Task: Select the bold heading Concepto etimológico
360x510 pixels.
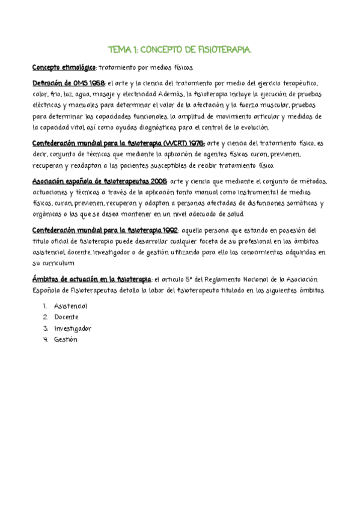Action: (x=64, y=68)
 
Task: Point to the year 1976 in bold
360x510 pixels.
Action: (x=195, y=143)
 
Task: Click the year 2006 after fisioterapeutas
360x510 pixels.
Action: (x=157, y=182)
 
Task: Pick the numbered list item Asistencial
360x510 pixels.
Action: (x=70, y=307)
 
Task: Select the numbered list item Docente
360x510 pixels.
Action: (x=66, y=317)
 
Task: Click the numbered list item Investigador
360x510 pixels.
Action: (x=72, y=328)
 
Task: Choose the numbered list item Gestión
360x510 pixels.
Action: (x=66, y=339)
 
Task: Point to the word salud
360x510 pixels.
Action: (x=236, y=215)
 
